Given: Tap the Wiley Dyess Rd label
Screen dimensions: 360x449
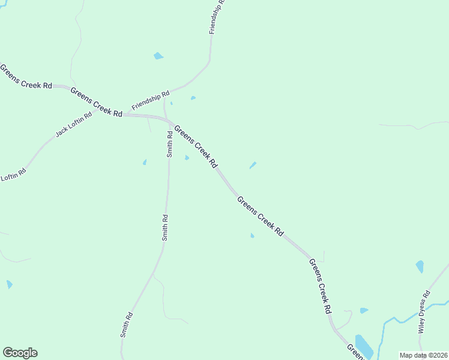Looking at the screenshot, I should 424,311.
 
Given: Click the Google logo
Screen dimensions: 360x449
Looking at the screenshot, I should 20,353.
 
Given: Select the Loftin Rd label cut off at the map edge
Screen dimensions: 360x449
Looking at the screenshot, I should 13,176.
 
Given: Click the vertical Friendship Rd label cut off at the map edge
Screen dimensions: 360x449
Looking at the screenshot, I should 216,17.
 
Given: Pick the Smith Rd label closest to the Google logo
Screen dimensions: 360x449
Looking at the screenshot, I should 126,325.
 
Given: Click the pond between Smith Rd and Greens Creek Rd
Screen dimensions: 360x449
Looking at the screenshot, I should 187,158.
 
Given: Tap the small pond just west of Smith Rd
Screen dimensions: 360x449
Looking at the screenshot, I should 145,162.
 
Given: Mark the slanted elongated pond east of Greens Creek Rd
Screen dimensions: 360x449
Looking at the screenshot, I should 253,165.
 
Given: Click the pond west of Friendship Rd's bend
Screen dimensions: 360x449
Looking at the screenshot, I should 158,56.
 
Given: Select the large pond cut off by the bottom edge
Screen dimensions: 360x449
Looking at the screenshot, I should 364,346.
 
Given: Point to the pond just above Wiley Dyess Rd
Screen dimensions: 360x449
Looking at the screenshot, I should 420,266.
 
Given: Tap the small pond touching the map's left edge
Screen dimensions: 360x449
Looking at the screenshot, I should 9,284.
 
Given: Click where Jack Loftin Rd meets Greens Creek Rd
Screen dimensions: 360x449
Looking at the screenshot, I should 123,115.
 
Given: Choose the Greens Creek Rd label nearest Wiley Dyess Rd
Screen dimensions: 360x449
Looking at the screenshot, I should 321,286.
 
